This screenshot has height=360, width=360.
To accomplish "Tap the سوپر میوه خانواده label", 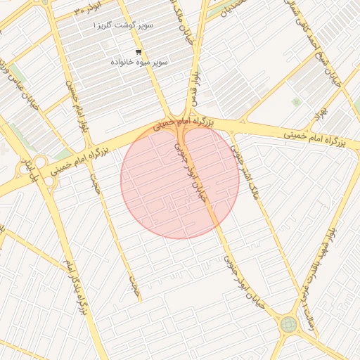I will pyautogui.click(x=139, y=63).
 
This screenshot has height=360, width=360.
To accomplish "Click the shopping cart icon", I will pyautogui.click(x=139, y=51).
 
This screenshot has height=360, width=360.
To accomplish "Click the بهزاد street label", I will pyautogui.click(x=322, y=111).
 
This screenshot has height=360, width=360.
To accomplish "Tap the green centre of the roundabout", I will pyautogui.click(x=288, y=325).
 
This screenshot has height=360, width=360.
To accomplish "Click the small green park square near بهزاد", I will pyautogui.click(x=296, y=102).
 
